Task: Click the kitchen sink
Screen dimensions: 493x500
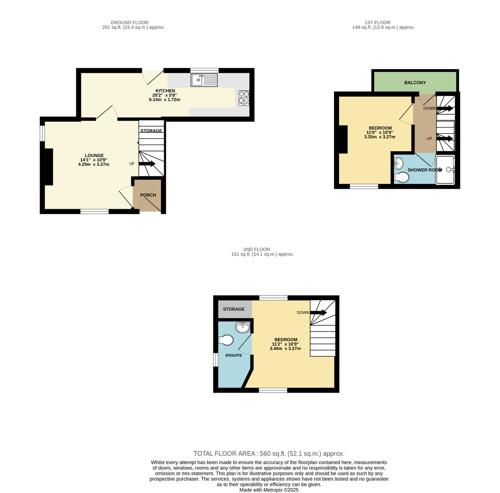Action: coord(204,80)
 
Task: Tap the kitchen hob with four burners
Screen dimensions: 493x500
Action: coord(244,97)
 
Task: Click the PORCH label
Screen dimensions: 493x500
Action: coord(148,195)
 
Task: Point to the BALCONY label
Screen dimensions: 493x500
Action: coord(415,83)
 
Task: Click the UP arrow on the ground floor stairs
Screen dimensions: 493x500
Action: coord(147,164)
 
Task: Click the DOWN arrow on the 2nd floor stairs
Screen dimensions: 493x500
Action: coord(318,313)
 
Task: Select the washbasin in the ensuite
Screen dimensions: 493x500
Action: coord(242,328)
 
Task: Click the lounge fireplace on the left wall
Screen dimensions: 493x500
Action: coord(49,167)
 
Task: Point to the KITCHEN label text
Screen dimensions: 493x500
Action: coord(165,91)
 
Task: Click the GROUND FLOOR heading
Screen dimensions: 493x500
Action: coord(130,23)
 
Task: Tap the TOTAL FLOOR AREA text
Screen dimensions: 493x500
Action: coord(269,454)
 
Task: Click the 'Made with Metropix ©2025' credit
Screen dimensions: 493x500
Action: coord(269,490)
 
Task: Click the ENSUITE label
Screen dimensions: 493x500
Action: coord(234,355)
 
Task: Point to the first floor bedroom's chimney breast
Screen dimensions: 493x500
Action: coord(343,140)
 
